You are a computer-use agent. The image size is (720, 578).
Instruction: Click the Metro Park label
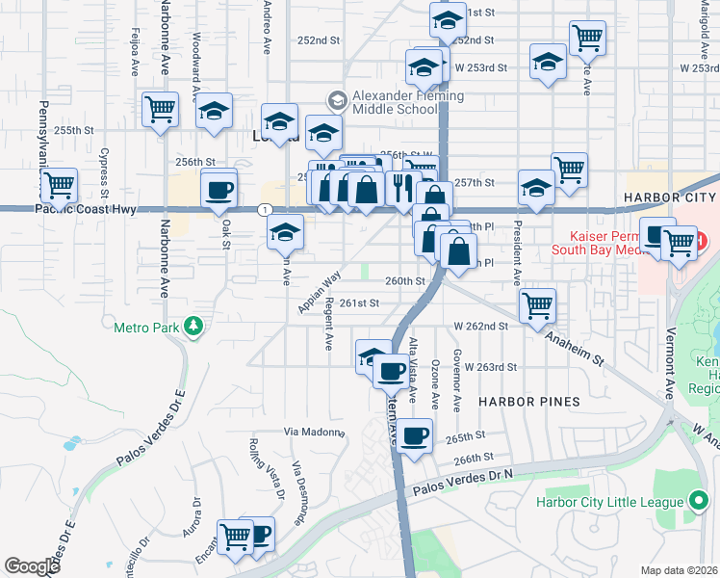(x=148, y=328)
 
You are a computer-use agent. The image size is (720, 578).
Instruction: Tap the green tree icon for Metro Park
(x=194, y=328)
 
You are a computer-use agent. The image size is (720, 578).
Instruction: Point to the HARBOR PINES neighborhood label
(x=529, y=401)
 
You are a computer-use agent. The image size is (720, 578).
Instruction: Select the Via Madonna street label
(x=314, y=432)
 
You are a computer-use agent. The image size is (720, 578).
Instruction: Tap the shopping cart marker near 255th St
(x=160, y=108)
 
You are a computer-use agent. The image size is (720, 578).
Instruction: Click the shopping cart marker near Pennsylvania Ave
(x=60, y=183)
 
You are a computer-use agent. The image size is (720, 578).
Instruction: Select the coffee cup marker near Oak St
(x=219, y=189)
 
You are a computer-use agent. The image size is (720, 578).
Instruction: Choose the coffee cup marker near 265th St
(x=415, y=435)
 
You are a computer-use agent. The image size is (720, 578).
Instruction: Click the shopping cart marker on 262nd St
(x=537, y=305)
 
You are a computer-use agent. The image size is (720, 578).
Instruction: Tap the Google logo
(x=32, y=566)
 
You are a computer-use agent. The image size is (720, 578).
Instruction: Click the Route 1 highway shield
(x=263, y=209)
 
